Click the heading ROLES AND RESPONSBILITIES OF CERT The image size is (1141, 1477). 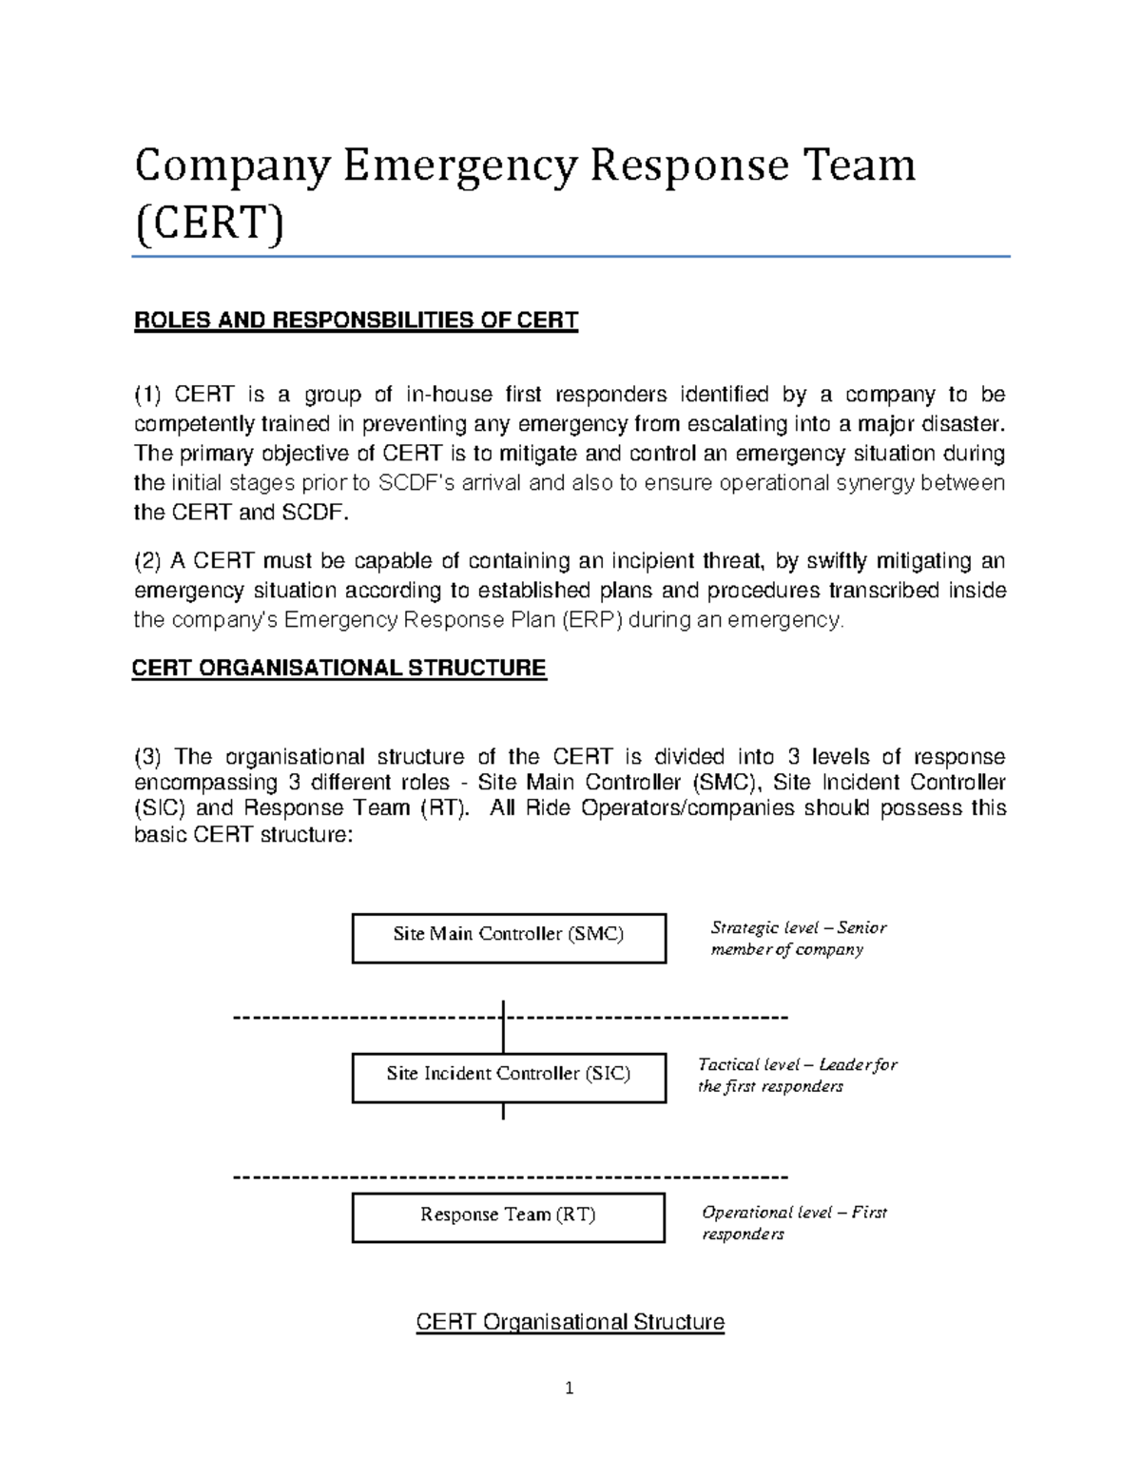pos(356,321)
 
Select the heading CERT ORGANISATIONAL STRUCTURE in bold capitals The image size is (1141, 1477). pos(338,669)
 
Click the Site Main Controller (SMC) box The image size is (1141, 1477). pos(509,938)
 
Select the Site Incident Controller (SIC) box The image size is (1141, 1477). pos(509,1077)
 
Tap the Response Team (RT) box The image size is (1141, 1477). pos(509,1217)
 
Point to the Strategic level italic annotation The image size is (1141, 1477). pos(798,939)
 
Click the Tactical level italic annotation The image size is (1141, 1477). pos(797,1076)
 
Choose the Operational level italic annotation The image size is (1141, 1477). pos(793,1223)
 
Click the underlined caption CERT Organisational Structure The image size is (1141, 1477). pos(570,1322)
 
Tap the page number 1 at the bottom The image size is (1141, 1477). pos(570,1389)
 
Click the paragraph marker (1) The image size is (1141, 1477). pos(148,395)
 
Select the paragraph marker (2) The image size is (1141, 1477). pos(148,561)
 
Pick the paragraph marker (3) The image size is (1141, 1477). pos(148,757)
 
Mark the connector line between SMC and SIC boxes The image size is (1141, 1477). pos(503,1027)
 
